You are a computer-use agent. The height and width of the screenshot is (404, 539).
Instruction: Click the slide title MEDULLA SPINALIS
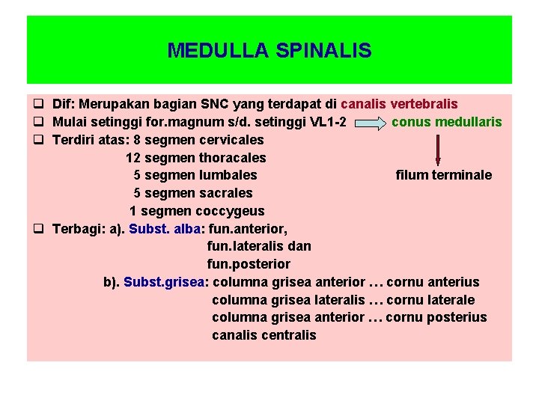[269, 50]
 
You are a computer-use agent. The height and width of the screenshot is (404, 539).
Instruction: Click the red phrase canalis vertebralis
[399, 104]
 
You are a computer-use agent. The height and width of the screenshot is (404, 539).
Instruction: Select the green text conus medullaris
[446, 122]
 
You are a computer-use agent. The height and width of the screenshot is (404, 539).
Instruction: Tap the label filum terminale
[443, 175]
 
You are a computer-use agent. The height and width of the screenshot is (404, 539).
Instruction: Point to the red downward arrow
[438, 150]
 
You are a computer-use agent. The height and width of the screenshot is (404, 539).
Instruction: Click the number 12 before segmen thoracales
[133, 158]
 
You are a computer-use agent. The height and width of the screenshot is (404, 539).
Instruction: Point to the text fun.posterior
[249, 264]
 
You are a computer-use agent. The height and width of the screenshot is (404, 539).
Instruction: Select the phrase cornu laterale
[430, 300]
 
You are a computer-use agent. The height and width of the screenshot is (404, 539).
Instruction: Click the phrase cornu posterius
[436, 317]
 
